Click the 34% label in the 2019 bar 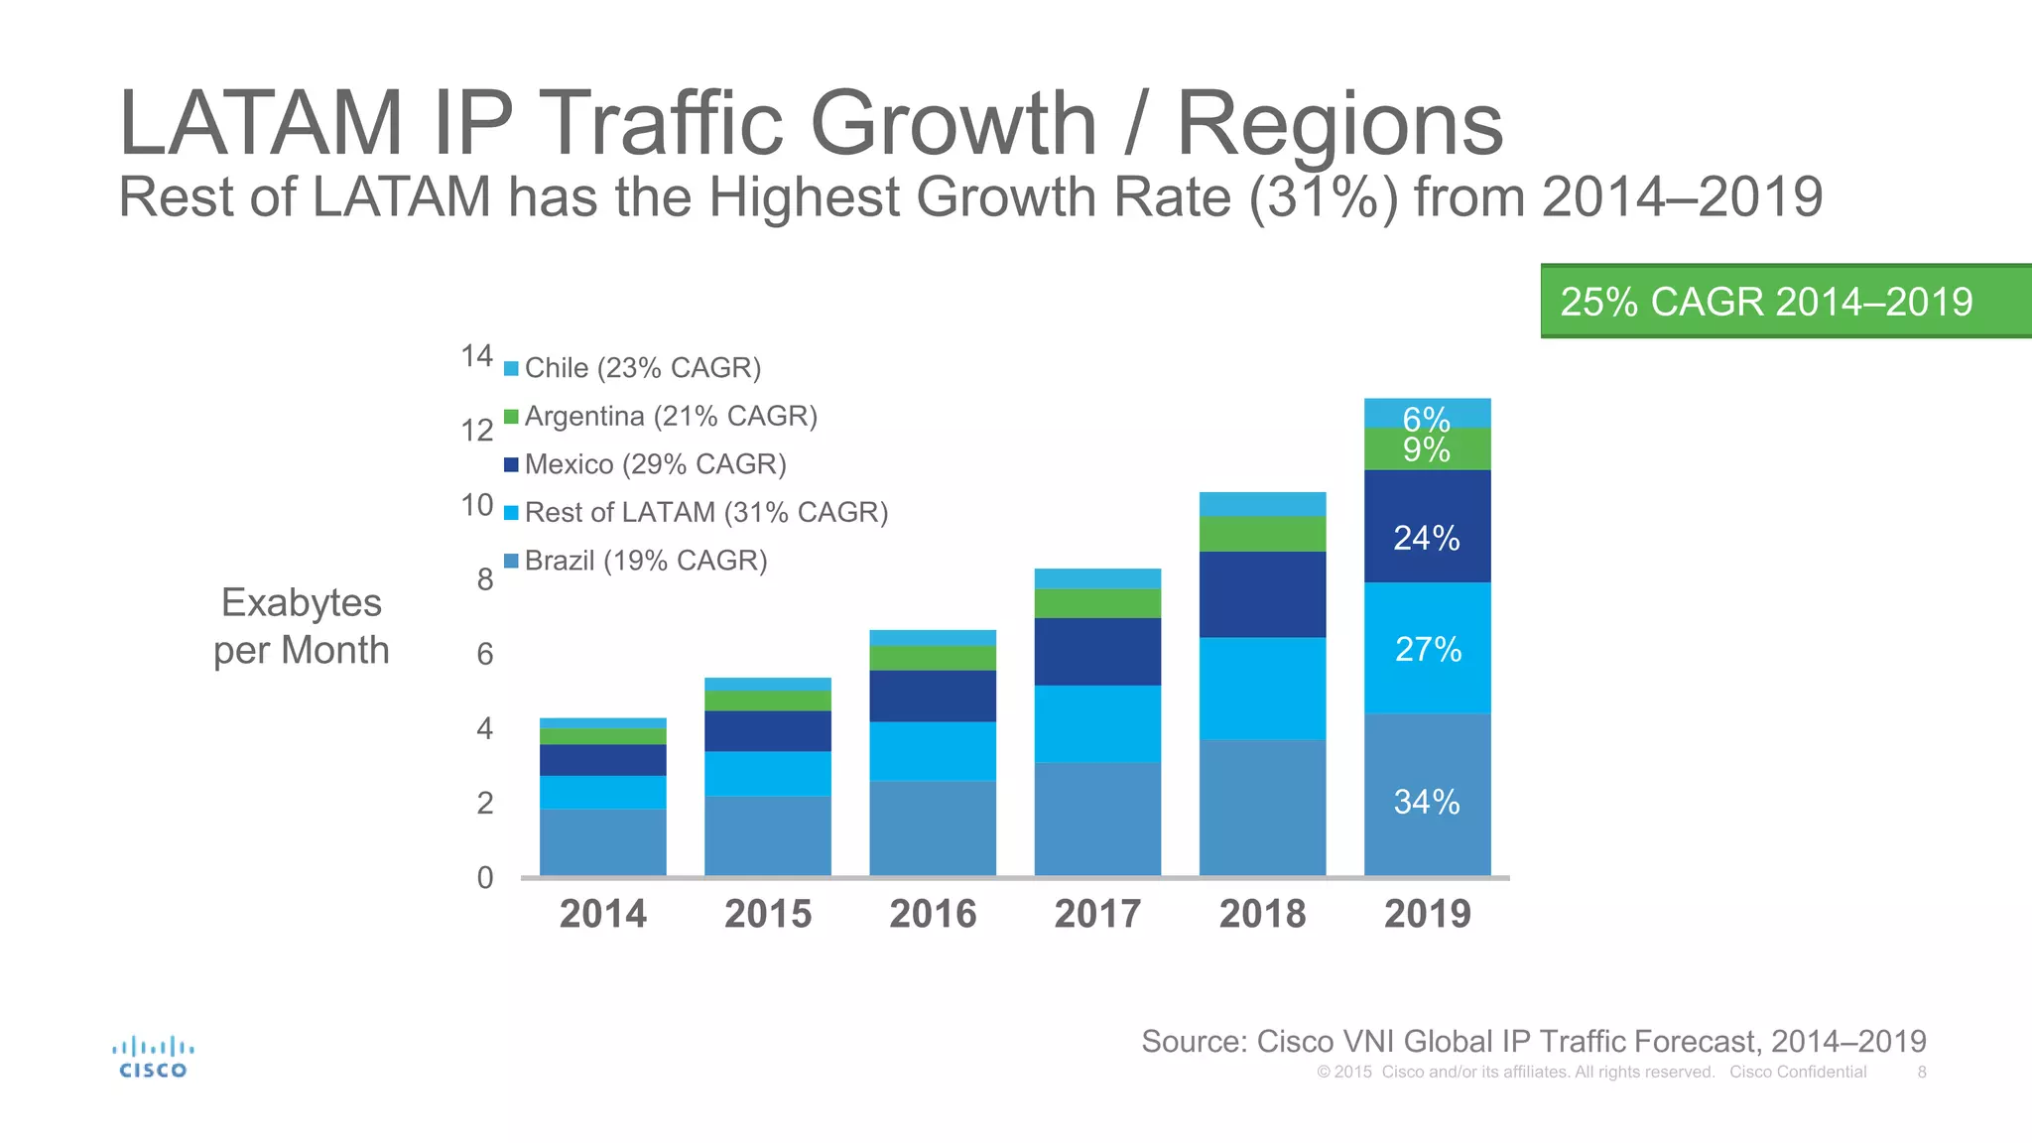[x=1427, y=801]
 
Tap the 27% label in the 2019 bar [x=1428, y=649]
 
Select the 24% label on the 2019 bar [x=1427, y=538]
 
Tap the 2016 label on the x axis [x=933, y=913]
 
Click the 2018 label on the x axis [x=1262, y=913]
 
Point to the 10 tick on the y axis [x=477, y=505]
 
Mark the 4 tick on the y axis [x=484, y=729]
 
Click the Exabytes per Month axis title [x=302, y=626]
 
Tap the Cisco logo [x=153, y=1057]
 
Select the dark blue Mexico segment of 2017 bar [x=1097, y=651]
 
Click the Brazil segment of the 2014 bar [x=602, y=841]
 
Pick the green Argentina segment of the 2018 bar [x=1262, y=534]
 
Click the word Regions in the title [x=1339, y=125]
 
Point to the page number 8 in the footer [x=1922, y=1072]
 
